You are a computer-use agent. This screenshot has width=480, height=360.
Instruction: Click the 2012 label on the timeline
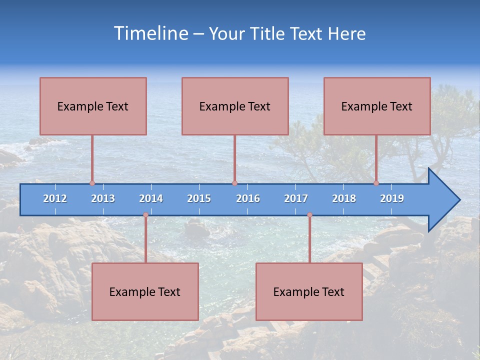[x=55, y=198]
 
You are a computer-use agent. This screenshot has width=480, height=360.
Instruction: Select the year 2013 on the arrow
[x=103, y=198]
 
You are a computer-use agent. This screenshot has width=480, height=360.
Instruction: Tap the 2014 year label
[x=151, y=198]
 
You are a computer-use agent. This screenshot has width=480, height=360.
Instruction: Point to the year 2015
[x=199, y=198]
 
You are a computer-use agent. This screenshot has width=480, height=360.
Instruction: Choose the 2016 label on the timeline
[x=248, y=198]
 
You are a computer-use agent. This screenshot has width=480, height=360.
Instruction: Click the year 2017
[x=296, y=198]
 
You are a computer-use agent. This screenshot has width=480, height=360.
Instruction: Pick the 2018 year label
[x=344, y=198]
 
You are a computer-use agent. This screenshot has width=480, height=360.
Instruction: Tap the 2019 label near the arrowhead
[x=392, y=198]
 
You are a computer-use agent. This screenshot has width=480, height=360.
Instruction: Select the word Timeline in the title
[x=150, y=33]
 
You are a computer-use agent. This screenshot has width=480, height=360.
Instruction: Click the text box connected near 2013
[x=93, y=106]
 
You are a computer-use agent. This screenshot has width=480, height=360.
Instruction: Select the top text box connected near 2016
[x=235, y=106]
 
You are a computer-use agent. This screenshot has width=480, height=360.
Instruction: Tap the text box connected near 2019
[x=377, y=106]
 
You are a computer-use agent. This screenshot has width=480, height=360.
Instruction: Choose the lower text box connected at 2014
[x=145, y=291]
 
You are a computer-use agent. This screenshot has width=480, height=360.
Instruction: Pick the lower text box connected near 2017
[x=309, y=291]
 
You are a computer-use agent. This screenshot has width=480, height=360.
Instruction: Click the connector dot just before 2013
[x=92, y=183]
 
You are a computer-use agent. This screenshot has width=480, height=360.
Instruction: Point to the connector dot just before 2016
[x=234, y=183]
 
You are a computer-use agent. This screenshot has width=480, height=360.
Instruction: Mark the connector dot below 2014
[x=145, y=215]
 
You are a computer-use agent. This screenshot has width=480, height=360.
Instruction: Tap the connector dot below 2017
[x=309, y=215]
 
